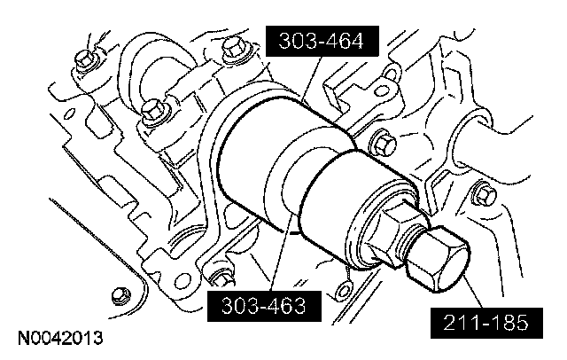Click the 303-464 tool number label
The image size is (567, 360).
click(x=322, y=41)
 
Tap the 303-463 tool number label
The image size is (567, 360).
click(x=264, y=306)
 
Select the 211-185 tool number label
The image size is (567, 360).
click(x=486, y=323)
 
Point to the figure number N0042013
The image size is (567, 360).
click(x=60, y=338)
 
